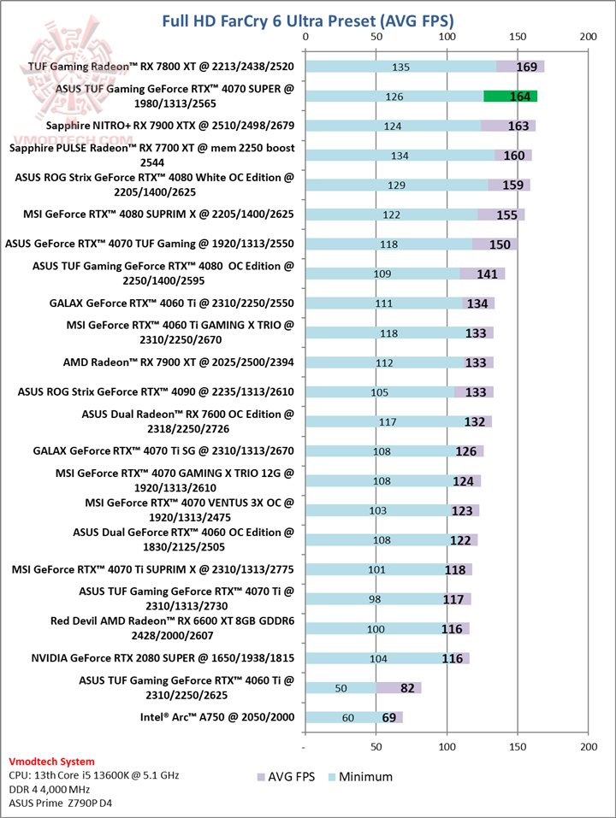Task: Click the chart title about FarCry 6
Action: point(308,20)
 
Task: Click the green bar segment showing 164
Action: point(510,97)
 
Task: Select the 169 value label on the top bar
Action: point(527,67)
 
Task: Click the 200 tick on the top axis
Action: point(587,38)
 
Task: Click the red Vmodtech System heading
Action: point(51,762)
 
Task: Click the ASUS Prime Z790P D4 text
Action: point(62,803)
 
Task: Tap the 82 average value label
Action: point(407,688)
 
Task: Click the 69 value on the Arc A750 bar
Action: point(388,717)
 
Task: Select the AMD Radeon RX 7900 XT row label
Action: point(178,362)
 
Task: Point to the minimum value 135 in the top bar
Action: point(400,67)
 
